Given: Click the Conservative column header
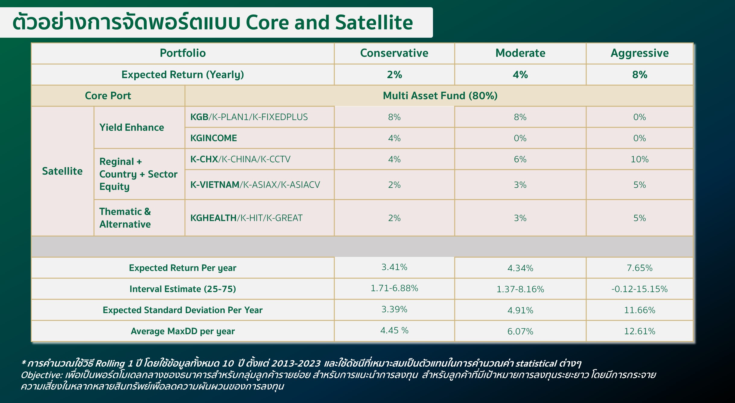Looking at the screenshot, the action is pos(394,53).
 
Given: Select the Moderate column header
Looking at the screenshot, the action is pos(520,53).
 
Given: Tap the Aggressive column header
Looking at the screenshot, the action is pos(640,53).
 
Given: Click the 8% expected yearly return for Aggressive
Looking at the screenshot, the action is pos(640,75).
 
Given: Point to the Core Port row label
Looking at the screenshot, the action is pos(108,96).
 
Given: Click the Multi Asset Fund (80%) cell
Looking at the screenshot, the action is pos(440,96).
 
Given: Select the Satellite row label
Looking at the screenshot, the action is pos(62,171).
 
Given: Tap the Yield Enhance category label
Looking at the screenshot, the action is pos(132,127).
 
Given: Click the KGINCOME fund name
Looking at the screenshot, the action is pos(214,138).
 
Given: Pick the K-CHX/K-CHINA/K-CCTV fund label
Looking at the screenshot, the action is pos(240,159).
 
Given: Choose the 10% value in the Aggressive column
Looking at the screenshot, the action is pos(640,159).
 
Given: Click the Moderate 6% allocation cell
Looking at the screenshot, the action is pos(520,159).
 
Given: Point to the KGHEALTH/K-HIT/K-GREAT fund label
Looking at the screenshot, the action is pos(246,218).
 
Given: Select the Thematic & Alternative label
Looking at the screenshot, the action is pos(125,218).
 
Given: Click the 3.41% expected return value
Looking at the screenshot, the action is pos(394,267).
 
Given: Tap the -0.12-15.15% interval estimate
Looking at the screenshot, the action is pos(639,289).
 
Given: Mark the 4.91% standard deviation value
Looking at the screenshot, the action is pos(520,310).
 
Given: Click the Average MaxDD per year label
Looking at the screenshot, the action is pos(183,331).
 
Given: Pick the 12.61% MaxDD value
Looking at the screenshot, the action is pos(640,331).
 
